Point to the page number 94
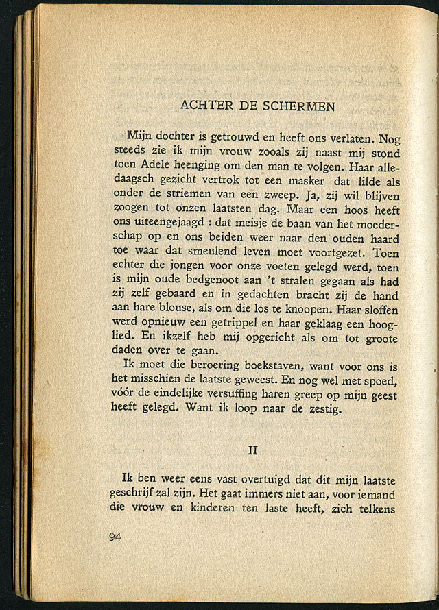tap(115, 537)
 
